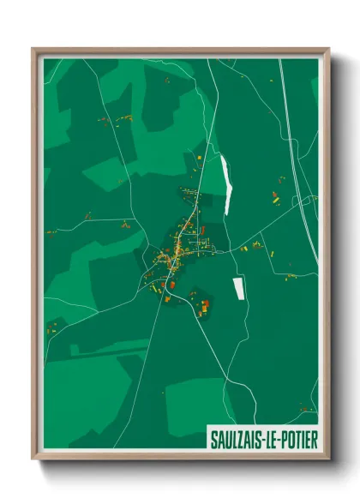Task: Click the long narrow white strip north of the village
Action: click(227, 184)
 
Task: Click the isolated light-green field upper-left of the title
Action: click(193, 403)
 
